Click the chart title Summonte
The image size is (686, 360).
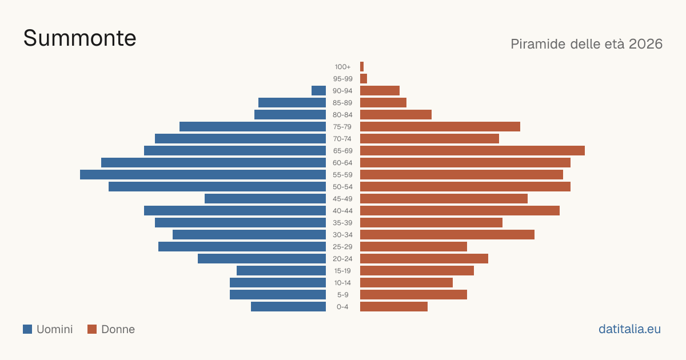coord(79,38)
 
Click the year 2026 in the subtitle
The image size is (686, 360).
coord(645,44)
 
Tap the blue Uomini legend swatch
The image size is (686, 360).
coord(27,329)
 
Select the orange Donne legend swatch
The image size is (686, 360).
coord(92,329)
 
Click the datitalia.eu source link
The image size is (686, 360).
coord(629,329)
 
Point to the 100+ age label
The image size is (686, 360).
coord(342,67)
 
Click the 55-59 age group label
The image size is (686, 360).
coord(342,175)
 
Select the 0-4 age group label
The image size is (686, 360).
coord(342,307)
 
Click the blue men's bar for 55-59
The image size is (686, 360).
coord(203,174)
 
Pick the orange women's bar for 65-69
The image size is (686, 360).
coord(472,151)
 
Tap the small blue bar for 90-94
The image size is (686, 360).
coord(319,91)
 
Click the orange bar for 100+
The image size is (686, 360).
coord(362,66)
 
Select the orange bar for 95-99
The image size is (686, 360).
coord(364,79)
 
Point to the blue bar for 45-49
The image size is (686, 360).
coord(265,199)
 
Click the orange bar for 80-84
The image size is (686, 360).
coord(396,115)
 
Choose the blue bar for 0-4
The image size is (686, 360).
coord(289,307)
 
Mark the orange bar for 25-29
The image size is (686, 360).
coord(413,247)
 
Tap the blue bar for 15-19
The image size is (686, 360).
coord(281,271)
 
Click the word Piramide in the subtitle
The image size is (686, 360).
coord(538,44)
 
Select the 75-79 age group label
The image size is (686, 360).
coord(342,127)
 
